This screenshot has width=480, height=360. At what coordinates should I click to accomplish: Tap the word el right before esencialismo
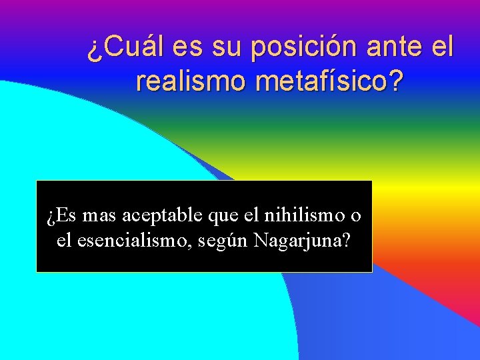[63, 240]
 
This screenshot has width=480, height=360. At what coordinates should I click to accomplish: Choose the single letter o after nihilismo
[357, 216]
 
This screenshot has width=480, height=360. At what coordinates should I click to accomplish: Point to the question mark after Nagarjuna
[344, 240]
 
